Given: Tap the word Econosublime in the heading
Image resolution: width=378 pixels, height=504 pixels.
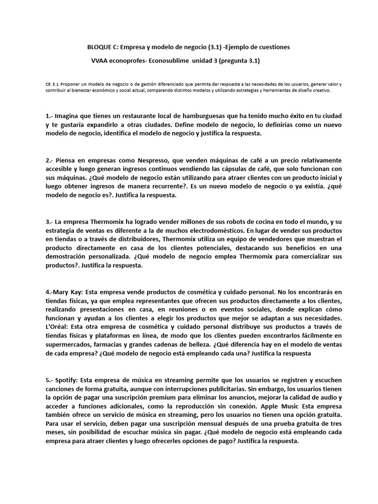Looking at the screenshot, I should pos(174,61).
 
